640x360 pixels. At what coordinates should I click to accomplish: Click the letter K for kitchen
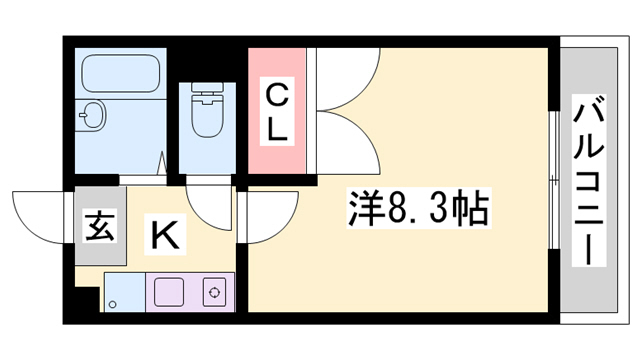tap(166, 236)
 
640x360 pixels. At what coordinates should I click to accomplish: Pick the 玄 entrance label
tap(99, 227)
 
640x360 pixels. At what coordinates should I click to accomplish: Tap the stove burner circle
tap(212, 292)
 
